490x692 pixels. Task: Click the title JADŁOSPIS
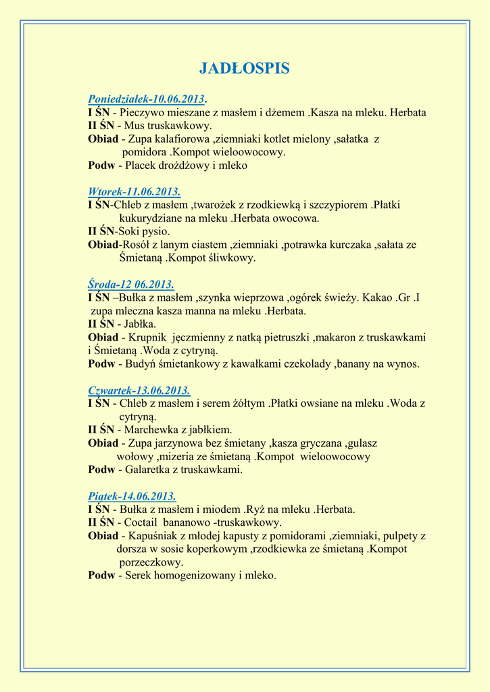point(245,68)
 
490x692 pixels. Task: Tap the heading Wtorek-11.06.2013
point(134,192)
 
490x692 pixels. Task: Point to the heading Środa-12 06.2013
point(130,285)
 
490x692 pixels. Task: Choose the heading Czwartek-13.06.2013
point(139,391)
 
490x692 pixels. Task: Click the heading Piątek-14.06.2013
point(132,496)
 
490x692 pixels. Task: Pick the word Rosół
point(134,245)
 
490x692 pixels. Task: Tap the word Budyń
point(141,364)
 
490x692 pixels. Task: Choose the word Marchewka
point(151,430)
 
